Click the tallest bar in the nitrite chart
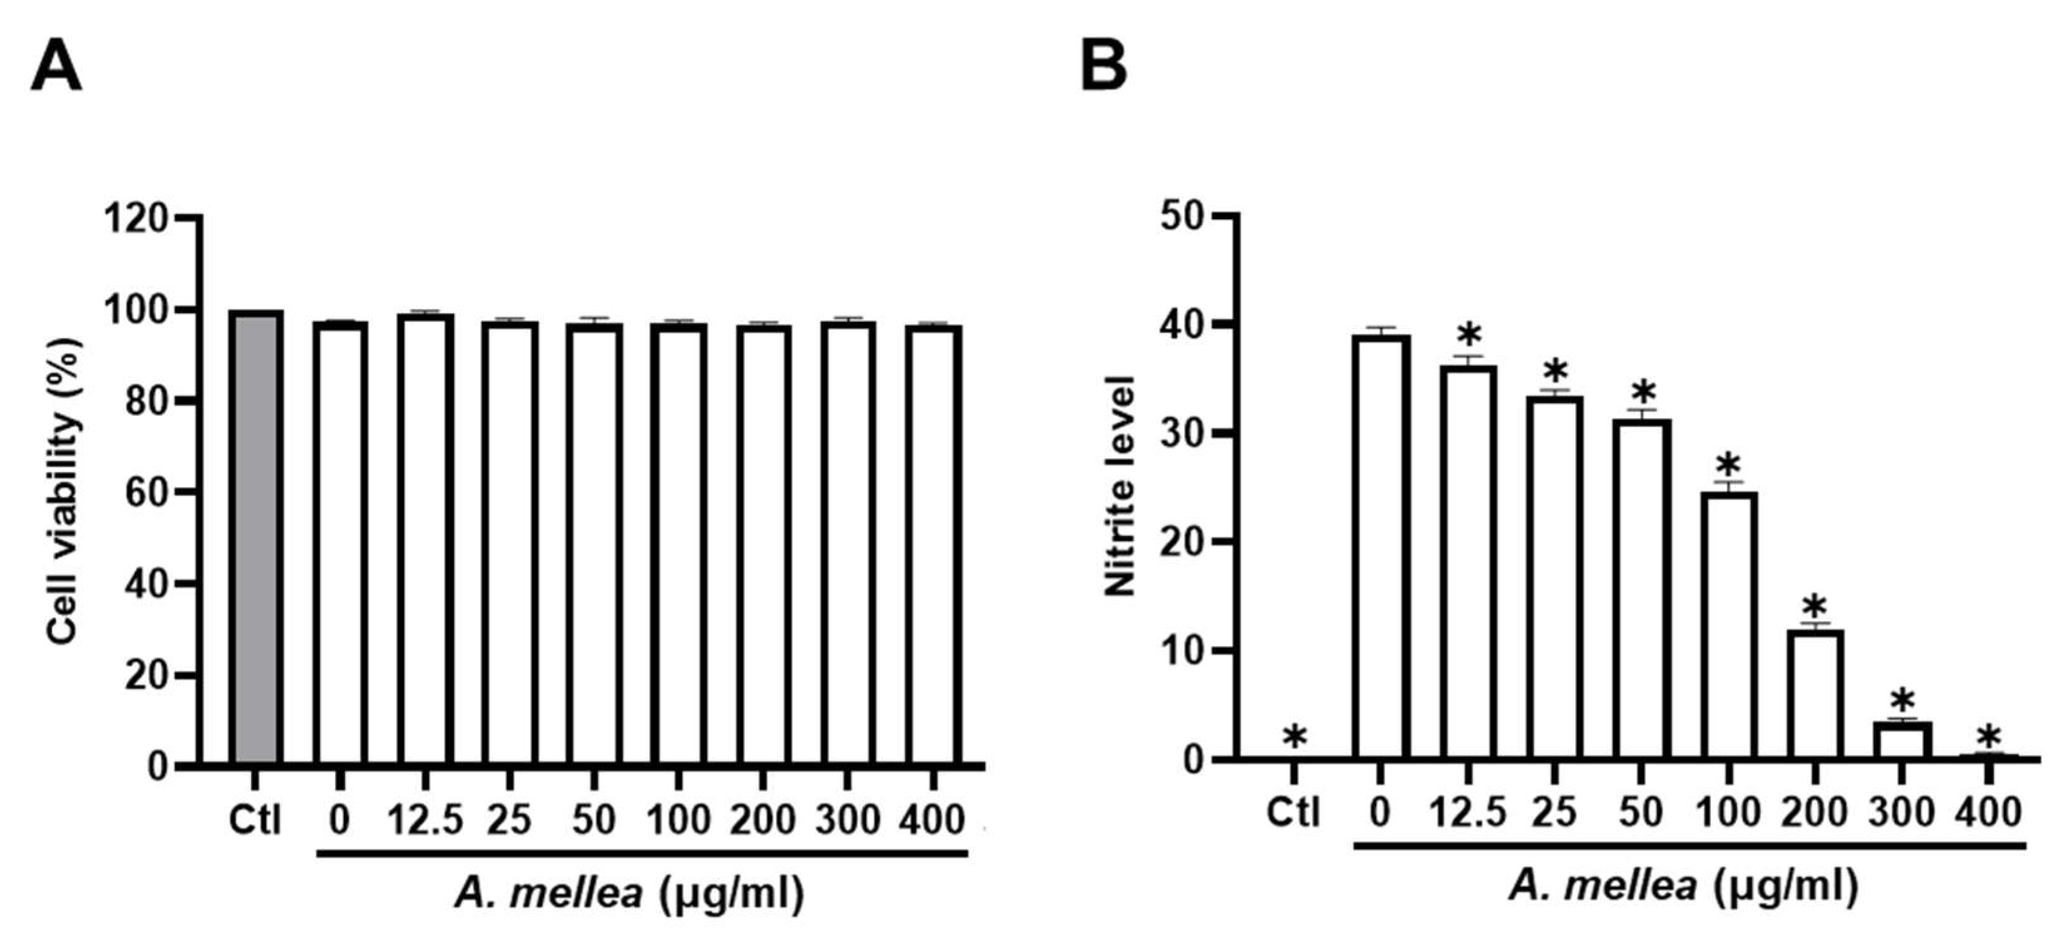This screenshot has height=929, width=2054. (1381, 547)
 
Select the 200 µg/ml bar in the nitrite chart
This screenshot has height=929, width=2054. (1815, 694)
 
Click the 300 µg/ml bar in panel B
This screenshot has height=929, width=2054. (1902, 740)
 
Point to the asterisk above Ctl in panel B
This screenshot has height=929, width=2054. (1295, 737)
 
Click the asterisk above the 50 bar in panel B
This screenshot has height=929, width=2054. (1643, 393)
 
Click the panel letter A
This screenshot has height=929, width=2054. (56, 68)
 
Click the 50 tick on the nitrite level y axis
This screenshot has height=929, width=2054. (1184, 216)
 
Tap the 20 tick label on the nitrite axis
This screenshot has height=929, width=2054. (1184, 542)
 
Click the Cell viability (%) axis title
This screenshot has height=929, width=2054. (64, 490)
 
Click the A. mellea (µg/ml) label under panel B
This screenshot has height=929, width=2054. (1683, 886)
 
